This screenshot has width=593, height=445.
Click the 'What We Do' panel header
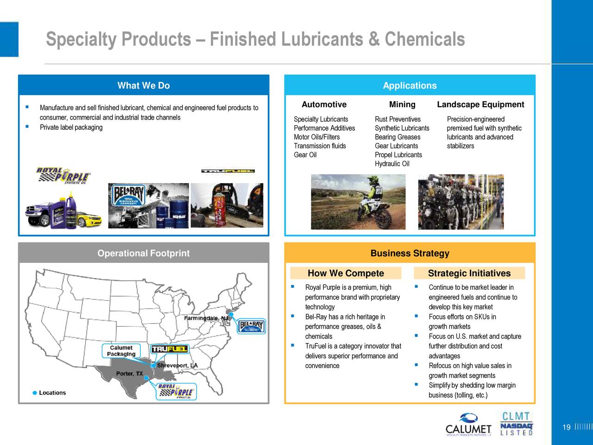(x=144, y=85)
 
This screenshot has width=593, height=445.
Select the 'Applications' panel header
(x=410, y=85)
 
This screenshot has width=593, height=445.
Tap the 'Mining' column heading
(x=402, y=104)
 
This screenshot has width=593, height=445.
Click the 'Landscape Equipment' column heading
(x=480, y=104)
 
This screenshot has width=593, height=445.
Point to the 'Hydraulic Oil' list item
(x=392, y=164)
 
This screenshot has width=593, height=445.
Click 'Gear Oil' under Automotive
(x=305, y=155)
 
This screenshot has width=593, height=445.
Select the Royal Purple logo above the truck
(x=63, y=175)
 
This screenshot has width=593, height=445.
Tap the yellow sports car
(x=89, y=218)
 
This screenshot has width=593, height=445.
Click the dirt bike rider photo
(x=358, y=202)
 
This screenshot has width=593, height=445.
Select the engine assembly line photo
(x=461, y=202)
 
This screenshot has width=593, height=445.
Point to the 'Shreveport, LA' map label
(x=177, y=365)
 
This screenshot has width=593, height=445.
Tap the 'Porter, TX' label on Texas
(x=129, y=373)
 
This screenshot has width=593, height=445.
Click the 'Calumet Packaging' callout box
(x=121, y=351)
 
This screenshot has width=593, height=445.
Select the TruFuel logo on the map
(x=169, y=349)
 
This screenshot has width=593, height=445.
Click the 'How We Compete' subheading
(x=346, y=273)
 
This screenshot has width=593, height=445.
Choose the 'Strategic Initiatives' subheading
(x=469, y=273)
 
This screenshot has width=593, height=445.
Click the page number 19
(x=566, y=427)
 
